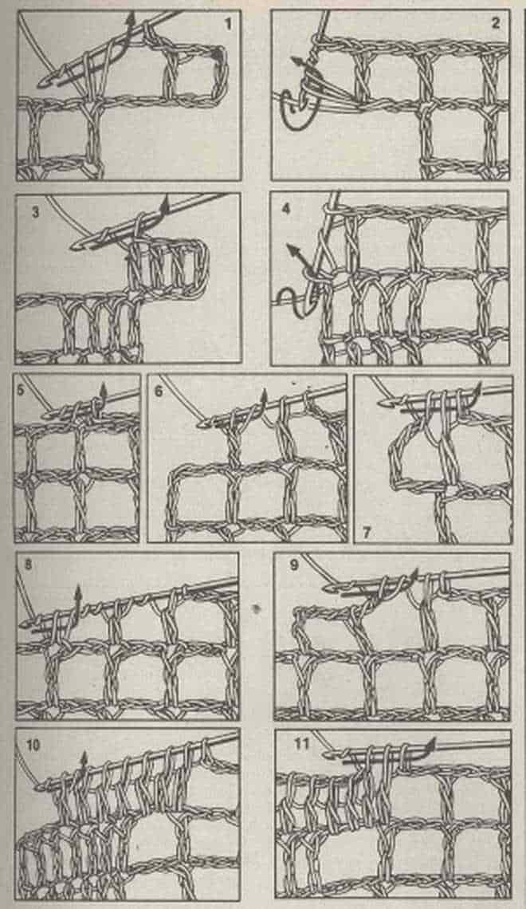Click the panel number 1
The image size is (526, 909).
(x=228, y=25)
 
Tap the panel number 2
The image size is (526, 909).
(x=495, y=24)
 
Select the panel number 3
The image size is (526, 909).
(x=35, y=213)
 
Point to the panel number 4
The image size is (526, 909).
(x=285, y=208)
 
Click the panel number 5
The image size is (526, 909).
(x=21, y=390)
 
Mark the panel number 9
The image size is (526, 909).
(x=294, y=564)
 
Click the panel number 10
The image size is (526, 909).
(x=33, y=745)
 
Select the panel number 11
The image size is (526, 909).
(x=302, y=743)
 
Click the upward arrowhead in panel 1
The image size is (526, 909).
(x=131, y=16)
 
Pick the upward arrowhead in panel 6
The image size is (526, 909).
(x=264, y=395)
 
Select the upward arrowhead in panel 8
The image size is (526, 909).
(x=77, y=592)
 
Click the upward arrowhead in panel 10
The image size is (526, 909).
(x=84, y=757)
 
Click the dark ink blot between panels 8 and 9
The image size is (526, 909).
(x=256, y=609)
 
